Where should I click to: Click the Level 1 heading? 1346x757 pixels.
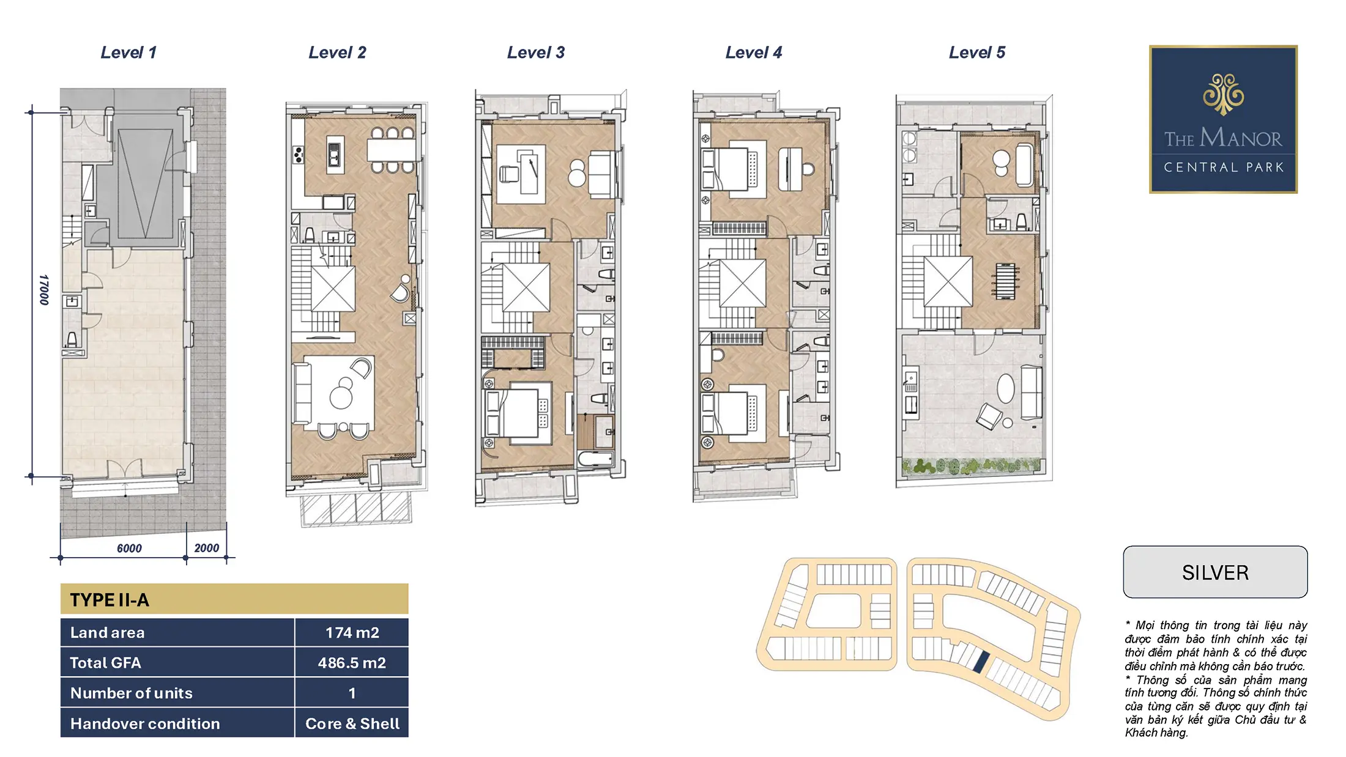point(128,53)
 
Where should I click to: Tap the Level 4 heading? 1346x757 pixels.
point(753,53)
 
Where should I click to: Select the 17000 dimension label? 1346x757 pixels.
point(44,290)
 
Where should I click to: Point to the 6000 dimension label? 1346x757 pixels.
point(129,548)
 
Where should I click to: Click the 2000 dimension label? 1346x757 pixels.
point(206,548)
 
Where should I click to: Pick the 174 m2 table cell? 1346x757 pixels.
point(352,632)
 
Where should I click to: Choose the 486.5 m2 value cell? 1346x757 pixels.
point(352,663)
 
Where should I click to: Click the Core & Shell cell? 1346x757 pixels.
point(352,723)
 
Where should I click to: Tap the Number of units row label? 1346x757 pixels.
point(132,693)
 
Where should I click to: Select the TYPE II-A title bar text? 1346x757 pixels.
point(110,600)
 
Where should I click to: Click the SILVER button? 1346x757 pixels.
point(1215,572)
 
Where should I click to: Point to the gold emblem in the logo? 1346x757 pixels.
point(1223,94)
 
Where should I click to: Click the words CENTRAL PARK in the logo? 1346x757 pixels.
point(1223,168)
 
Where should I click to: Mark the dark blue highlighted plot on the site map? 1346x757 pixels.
point(981,662)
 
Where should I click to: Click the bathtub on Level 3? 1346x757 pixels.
point(595,459)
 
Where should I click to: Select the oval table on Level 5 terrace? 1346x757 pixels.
point(1005,388)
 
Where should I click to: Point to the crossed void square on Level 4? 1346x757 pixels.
point(742,283)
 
